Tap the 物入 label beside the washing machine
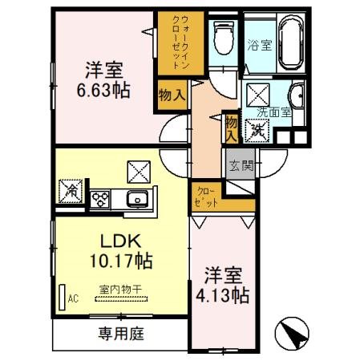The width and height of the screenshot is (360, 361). pos(231,128)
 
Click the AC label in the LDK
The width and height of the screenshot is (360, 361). pos(72,299)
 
